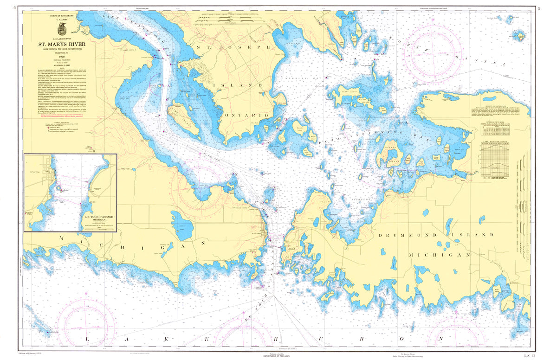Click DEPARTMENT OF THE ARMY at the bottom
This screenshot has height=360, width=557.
tap(278, 356)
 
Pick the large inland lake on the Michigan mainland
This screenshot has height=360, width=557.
tap(181, 222)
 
